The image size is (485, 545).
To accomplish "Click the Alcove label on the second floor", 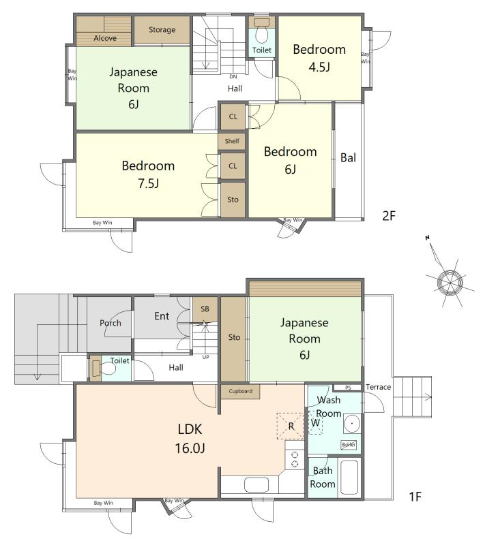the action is pos(105,38).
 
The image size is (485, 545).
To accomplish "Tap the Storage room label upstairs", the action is pos(162,30).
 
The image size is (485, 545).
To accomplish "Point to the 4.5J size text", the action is pos(319,67).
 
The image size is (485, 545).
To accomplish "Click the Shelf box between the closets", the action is pos(232,141).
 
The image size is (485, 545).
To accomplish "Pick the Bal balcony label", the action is pos(348,158).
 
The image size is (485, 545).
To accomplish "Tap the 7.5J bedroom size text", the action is pos(149,183).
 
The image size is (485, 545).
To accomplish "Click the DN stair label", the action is pos(233,76).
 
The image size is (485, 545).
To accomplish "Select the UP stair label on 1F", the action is pos(205,357).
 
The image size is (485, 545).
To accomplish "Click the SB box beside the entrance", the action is pos(205,309).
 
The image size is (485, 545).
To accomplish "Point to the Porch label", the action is pos(111,323).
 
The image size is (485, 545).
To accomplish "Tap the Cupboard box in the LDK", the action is pos(240,391).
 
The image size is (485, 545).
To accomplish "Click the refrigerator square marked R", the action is pos(291,426).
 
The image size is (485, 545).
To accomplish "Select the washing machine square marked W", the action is pos(315,423).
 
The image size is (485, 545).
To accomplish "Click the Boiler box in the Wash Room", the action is pos(349,445).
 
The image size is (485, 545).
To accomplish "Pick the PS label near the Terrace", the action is pos(348,388).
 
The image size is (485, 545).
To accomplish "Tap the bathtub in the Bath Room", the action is pos(349,478).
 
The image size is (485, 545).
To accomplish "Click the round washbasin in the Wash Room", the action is pos(352,424).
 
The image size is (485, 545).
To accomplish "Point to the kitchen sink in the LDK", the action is pos(256,485).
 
